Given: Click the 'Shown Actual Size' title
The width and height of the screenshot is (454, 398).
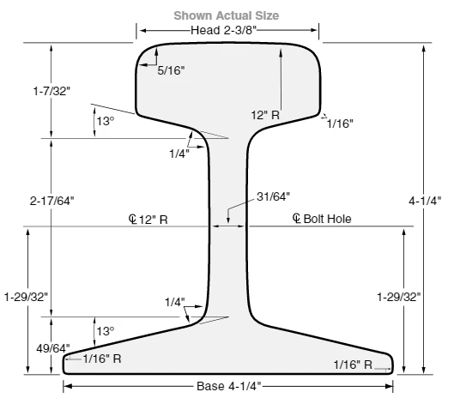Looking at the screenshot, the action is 226,15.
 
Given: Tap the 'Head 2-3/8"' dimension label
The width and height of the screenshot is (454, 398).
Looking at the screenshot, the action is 223,30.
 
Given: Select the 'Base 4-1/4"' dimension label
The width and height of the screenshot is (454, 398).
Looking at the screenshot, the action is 229,386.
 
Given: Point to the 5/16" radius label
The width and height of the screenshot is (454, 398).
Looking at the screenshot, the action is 171,70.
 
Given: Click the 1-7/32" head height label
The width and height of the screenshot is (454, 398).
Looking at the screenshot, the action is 51,91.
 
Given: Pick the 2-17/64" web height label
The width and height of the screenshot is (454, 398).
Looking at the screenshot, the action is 51,201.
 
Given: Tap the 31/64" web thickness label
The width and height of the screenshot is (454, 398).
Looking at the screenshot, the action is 273,196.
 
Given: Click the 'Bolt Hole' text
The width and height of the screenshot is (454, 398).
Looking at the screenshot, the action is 328,219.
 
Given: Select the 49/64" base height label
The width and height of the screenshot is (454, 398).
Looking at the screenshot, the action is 53,348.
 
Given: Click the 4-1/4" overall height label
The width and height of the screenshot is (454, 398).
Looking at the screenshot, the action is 425,201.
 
